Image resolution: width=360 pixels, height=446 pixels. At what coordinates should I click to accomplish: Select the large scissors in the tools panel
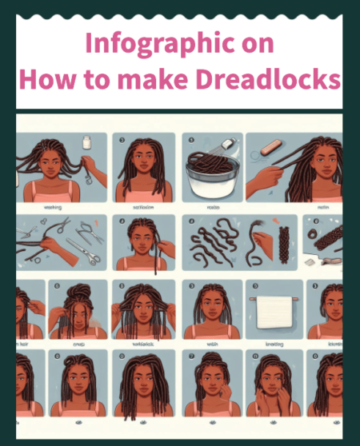[85, 242]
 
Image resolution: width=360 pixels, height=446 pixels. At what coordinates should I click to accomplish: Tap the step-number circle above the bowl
[191, 138]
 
